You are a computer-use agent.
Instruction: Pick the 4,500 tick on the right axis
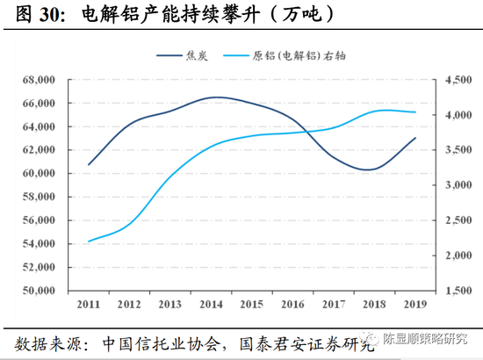(448, 80)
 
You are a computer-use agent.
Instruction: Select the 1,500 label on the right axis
(448, 291)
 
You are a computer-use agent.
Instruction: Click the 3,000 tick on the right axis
(448, 185)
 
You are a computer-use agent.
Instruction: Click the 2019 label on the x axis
(415, 305)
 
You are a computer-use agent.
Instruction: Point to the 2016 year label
(293, 305)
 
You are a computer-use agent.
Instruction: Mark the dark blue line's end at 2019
(415, 138)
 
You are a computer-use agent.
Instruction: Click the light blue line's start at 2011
(89, 241)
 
